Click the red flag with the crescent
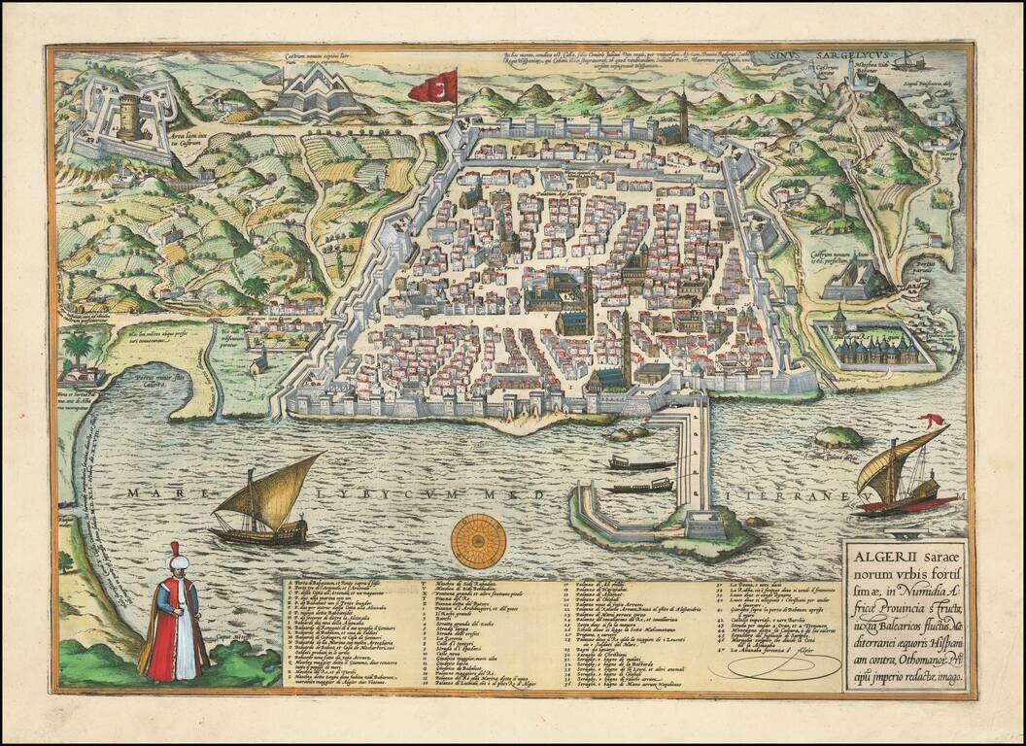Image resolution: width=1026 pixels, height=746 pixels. (432, 87)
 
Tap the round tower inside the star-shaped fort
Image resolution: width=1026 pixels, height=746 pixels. (129, 116)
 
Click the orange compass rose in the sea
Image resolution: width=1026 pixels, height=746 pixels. (478, 541)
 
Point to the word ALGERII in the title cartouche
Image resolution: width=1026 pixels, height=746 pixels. (879, 558)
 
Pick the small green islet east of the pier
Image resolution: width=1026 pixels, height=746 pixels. (838, 437)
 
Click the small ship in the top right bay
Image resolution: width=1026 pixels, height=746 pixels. (909, 61)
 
